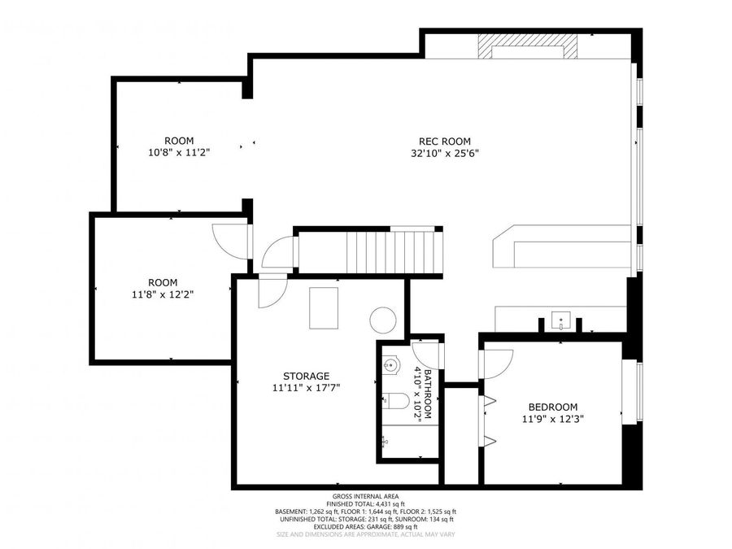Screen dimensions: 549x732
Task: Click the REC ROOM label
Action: coord(444,141)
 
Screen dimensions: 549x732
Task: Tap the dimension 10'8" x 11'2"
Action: coord(178,153)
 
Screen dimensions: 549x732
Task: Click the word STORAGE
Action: coord(306,376)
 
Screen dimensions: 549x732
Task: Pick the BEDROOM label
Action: coord(552,407)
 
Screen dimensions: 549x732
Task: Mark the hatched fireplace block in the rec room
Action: coord(528,46)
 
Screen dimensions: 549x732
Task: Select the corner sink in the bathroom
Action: coord(392,365)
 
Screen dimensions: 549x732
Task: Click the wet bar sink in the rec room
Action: coord(561,319)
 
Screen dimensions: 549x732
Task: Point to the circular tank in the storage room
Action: coord(381,320)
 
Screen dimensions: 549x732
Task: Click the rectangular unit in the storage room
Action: coord(323,307)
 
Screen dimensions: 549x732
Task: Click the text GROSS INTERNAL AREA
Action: coord(365,496)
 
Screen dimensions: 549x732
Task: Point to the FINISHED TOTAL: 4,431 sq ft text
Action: coord(365,504)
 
